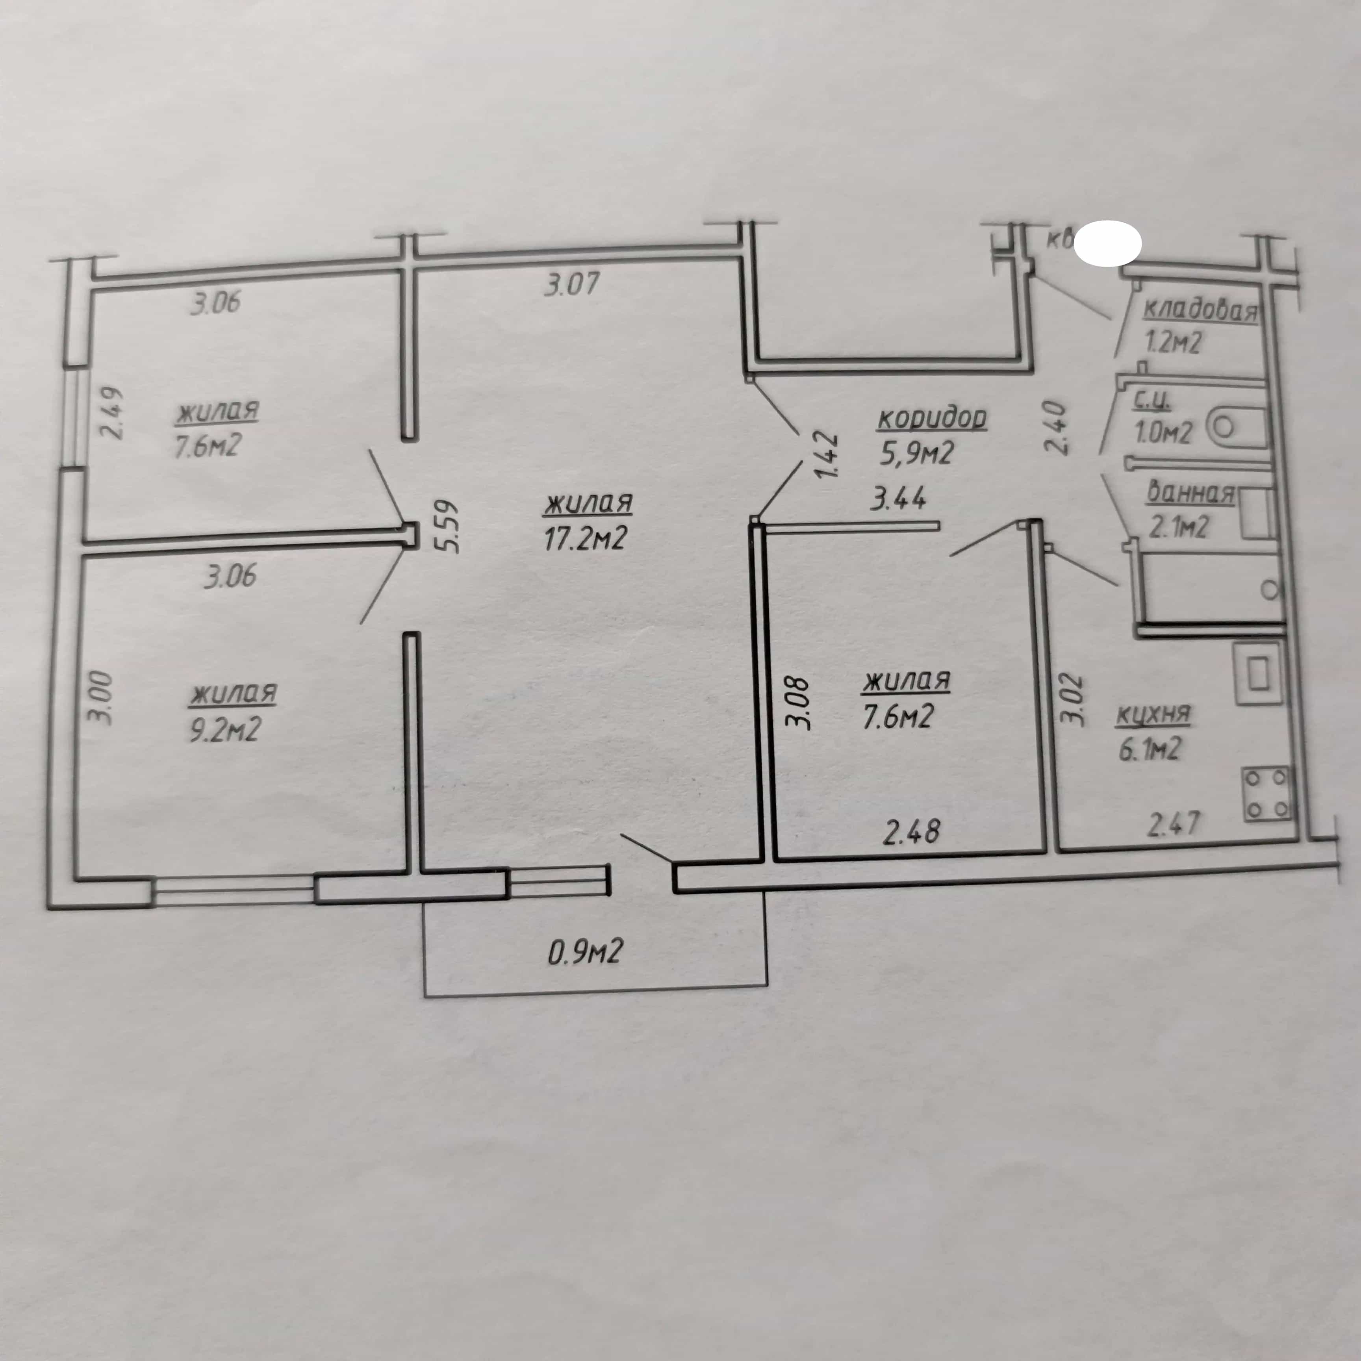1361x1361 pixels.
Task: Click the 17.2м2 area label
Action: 586,538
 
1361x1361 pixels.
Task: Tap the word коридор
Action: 932,419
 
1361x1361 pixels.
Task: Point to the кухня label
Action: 1153,716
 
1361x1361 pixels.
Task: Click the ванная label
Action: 1190,492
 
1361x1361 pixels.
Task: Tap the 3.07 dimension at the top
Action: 572,284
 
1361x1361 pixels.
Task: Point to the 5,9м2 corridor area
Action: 916,452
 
